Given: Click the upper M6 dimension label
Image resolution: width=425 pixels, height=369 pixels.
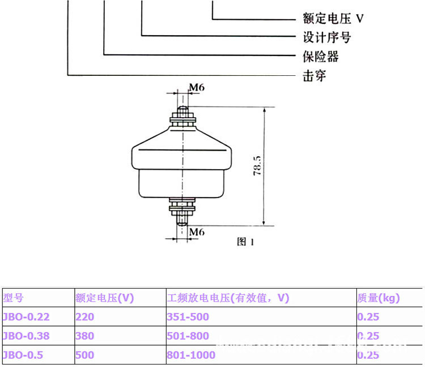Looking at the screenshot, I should [x=197, y=88].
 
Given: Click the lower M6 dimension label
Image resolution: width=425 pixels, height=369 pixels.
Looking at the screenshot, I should [x=197, y=231].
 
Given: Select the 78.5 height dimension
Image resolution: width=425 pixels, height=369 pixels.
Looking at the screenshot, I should [x=257, y=166].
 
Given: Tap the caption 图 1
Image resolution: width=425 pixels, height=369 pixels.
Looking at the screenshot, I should [x=245, y=242].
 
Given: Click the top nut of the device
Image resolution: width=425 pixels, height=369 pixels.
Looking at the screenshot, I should [x=183, y=119].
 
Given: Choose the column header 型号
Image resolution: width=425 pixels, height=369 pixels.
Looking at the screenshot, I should [x=14, y=298].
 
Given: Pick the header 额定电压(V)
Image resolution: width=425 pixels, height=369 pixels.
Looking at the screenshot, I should [x=104, y=298].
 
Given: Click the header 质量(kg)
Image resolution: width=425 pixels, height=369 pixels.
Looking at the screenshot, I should [x=379, y=298].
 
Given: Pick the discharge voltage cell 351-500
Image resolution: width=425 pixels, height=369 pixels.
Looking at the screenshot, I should [x=188, y=317].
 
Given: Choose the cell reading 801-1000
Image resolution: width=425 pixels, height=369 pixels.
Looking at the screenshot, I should [x=190, y=355].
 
